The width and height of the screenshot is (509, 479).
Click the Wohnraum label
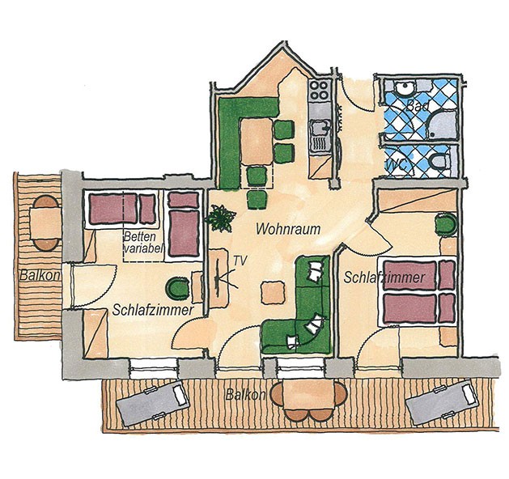coord(288,229)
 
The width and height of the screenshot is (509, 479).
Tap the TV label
coord(240,260)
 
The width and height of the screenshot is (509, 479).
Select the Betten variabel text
coord(143,243)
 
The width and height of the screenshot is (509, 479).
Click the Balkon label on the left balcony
coord(40,275)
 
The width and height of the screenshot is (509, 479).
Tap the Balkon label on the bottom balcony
coord(246,395)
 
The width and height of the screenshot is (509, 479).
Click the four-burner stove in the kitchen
coord(320,91)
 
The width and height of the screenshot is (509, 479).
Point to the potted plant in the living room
coord(220,218)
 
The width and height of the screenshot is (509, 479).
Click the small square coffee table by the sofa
coord(274,293)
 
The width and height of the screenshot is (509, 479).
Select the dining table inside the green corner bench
coord(257,142)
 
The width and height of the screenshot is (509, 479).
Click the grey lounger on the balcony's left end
coord(153,404)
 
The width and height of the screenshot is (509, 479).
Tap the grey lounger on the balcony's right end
coord(442,404)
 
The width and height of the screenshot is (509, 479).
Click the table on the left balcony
coord(46,223)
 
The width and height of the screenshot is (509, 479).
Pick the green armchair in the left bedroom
coord(177,288)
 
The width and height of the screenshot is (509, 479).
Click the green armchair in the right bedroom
coord(446,224)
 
